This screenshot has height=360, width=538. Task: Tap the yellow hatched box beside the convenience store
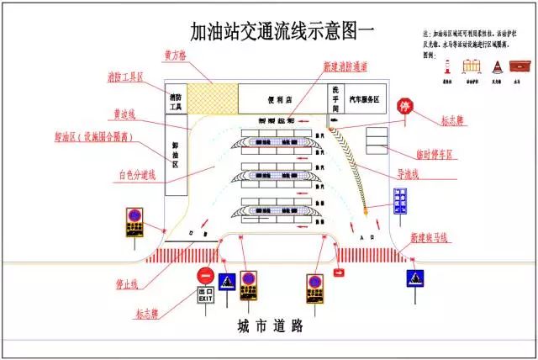[211, 98]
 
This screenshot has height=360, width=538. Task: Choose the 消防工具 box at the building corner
[176, 102]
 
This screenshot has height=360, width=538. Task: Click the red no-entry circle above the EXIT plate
[206, 276]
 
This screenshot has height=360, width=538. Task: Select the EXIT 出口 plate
[206, 294]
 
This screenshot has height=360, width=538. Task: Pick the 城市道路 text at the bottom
[269, 326]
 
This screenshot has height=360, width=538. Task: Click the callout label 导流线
[409, 175]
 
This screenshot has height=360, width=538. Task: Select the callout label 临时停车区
[434, 154]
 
